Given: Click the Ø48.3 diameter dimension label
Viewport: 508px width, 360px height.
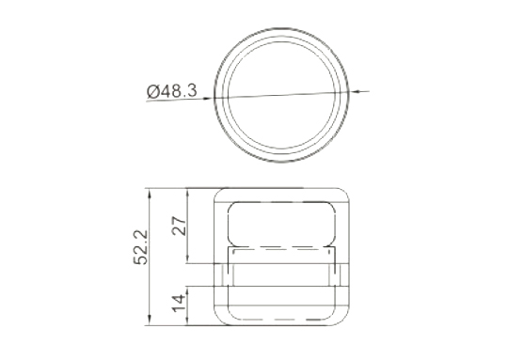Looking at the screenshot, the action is [172, 91].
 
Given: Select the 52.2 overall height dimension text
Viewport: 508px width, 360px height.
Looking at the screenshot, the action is [141, 247].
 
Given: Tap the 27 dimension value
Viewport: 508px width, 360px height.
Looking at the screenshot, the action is [179, 226].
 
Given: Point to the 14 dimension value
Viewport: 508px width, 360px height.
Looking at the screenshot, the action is [179, 303].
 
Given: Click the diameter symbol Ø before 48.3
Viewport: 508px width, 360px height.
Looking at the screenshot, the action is [153, 91].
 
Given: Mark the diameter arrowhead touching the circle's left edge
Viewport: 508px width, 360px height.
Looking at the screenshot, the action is [208, 98].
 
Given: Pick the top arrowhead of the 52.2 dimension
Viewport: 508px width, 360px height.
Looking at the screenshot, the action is [149, 194].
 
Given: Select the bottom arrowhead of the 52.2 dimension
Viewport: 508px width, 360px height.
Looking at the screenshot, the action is [149, 320].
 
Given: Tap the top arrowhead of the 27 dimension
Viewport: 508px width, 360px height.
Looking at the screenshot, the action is [187, 194].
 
